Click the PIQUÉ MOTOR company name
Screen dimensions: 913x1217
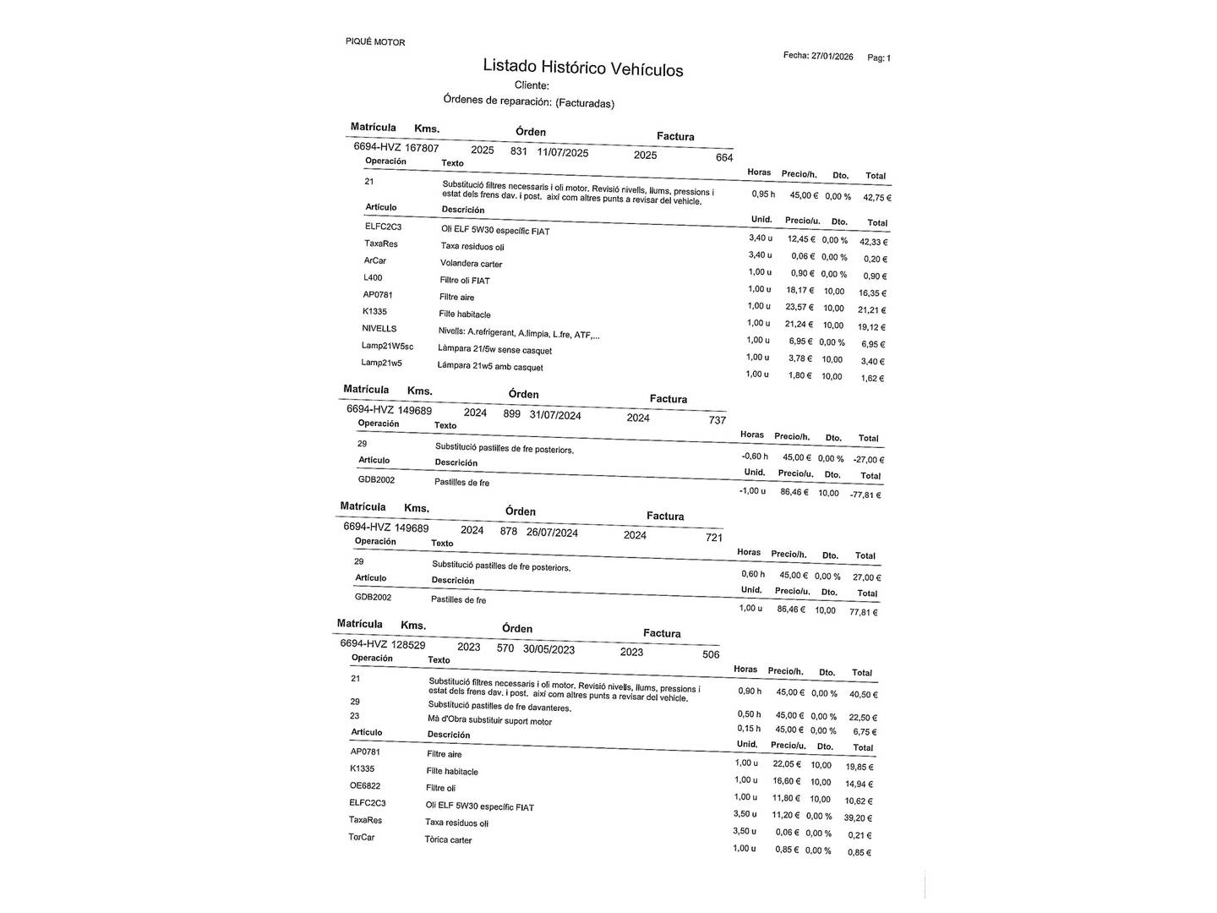tap(375, 41)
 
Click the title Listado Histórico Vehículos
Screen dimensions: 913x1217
tap(582, 68)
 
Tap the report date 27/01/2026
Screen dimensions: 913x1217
tap(832, 57)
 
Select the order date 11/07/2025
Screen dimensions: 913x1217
tap(563, 153)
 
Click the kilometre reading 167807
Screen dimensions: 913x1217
tap(422, 148)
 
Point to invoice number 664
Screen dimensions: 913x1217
tap(724, 157)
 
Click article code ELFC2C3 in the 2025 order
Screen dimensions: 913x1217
tap(383, 227)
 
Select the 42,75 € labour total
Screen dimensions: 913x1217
tap(876, 198)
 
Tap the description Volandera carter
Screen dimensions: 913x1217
tap(471, 264)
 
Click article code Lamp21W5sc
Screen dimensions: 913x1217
tap(387, 346)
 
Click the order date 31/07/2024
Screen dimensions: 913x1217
tap(555, 415)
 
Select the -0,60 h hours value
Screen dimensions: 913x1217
tap(754, 456)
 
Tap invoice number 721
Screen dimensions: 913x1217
tap(714, 537)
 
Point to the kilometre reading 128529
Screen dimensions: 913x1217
tap(408, 644)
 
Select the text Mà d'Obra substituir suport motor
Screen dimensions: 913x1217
tap(489, 721)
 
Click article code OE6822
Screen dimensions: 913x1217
tap(365, 785)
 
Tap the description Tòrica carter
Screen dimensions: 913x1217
tap(448, 839)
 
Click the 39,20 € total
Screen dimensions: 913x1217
tap(859, 818)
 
